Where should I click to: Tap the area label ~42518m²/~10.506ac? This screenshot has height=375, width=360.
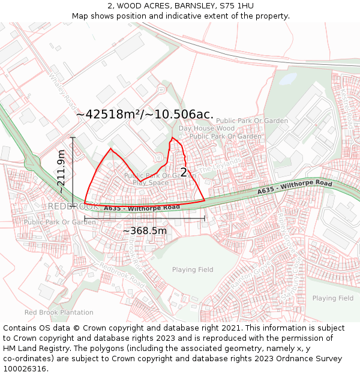pyautogui.click(x=145, y=114)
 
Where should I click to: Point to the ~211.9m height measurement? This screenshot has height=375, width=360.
pyautogui.click(x=61, y=171)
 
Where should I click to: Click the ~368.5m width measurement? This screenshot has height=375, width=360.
pyautogui.click(x=145, y=230)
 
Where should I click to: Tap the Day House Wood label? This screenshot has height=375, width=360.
pyautogui.click(x=206, y=128)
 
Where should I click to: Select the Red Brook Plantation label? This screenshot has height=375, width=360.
pyautogui.click(x=59, y=313)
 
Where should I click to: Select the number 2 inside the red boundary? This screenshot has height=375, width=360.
pyautogui.click(x=184, y=172)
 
